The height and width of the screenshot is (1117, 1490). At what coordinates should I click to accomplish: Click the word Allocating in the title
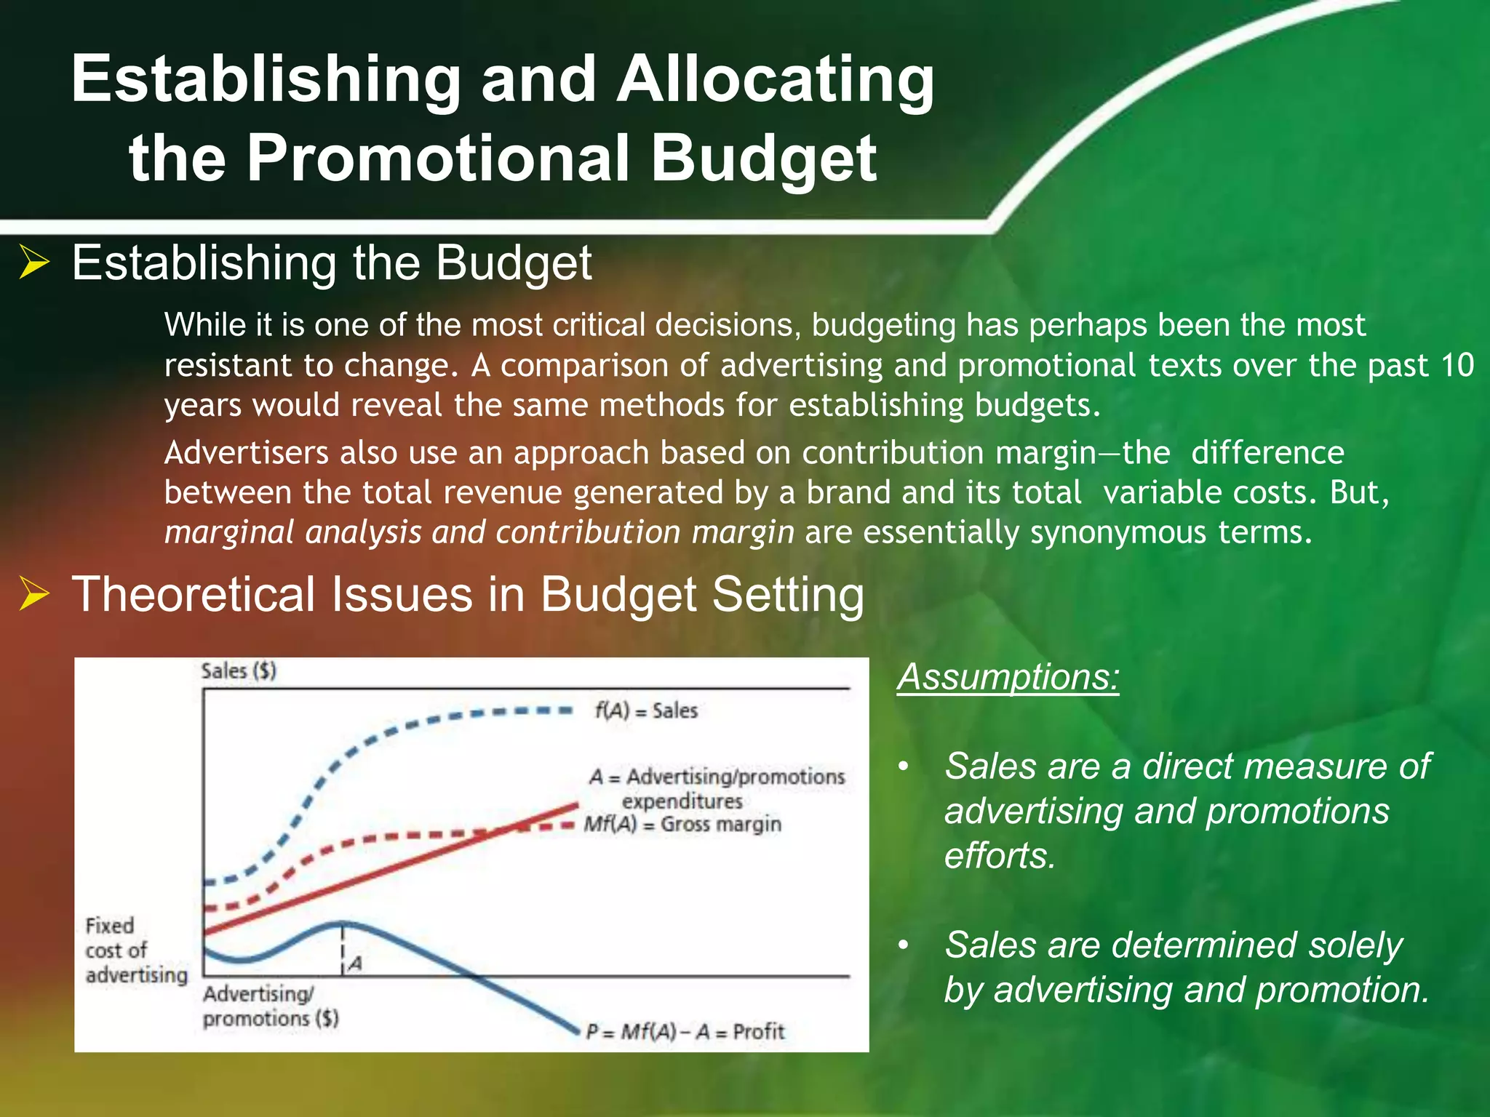coord(776,80)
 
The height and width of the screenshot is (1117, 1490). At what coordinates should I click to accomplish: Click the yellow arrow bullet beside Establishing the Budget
coord(34,263)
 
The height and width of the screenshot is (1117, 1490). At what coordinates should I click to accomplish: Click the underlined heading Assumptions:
coord(1008,677)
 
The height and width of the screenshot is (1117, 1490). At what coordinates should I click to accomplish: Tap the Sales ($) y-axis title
coord(239,670)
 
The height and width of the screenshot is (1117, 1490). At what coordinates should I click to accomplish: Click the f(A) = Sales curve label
coord(646,710)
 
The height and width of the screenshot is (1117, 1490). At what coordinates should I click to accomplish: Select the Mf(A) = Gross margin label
coord(682,825)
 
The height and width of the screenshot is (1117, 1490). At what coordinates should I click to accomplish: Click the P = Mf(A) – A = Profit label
coord(685,1031)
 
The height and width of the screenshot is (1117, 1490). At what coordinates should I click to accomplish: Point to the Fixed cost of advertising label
coord(136,950)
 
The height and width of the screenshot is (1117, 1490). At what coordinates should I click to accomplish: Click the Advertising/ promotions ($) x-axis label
coord(270,1006)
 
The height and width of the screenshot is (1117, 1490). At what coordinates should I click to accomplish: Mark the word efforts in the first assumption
coord(1000,856)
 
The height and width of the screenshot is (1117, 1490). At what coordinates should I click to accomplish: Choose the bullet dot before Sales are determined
coord(904,945)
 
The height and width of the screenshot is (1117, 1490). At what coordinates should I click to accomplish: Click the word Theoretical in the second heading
coord(192,594)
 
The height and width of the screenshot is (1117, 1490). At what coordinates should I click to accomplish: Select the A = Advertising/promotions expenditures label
coord(717,788)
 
